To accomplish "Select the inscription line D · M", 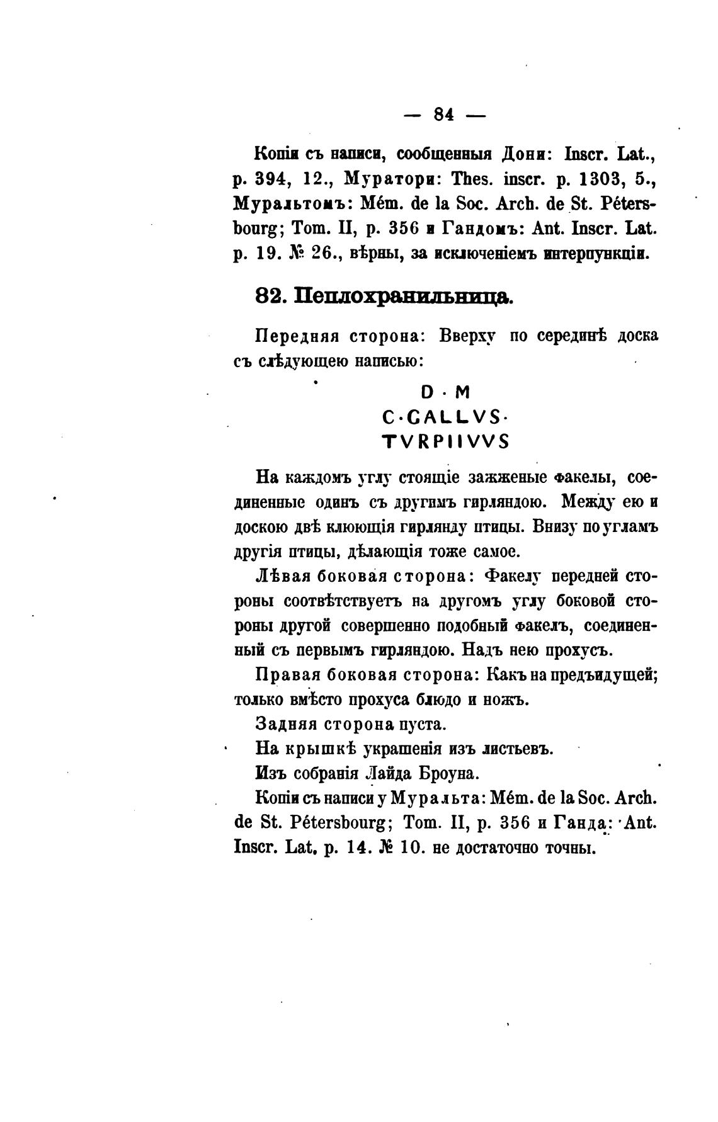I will pyautogui.click(x=445, y=393).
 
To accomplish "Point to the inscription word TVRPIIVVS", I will pyautogui.click(x=445, y=442).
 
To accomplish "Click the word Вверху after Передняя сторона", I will pyautogui.click(x=467, y=336).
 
